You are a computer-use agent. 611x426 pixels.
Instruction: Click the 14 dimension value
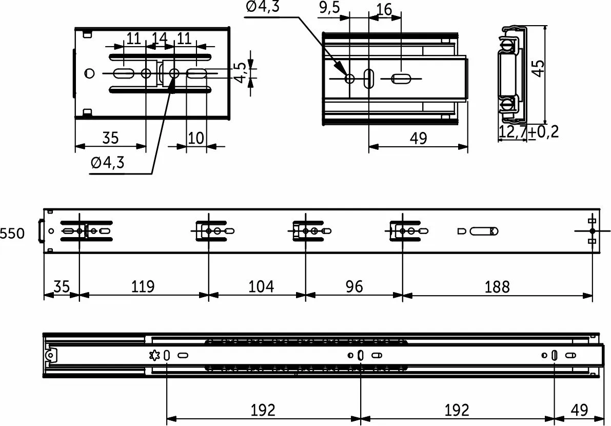point(160,38)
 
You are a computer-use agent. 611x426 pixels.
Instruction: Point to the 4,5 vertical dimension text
point(240,72)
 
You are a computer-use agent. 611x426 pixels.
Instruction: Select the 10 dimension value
point(196,138)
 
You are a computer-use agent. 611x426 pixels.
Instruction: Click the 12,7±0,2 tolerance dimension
point(528,132)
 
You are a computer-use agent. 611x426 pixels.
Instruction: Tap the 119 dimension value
point(143,286)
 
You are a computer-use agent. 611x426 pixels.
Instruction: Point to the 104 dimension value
point(261,286)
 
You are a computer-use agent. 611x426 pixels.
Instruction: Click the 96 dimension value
point(354,286)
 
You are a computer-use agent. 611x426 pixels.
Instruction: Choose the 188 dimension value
point(498,286)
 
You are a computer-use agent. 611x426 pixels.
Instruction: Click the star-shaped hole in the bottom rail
point(154,355)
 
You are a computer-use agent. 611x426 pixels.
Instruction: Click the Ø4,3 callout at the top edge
point(263,8)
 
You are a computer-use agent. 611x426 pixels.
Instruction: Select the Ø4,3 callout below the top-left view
point(107,163)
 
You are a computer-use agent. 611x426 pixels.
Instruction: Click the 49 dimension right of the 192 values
point(580,410)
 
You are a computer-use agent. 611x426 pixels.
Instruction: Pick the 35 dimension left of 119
point(61,286)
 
